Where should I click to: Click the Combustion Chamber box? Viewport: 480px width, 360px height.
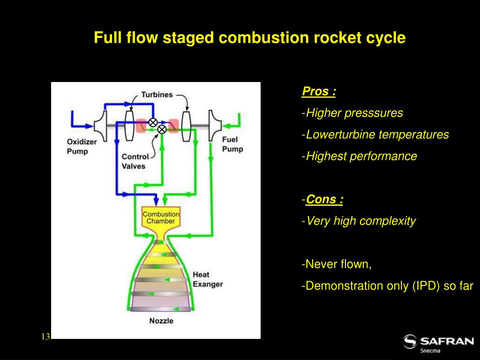pos(161,217)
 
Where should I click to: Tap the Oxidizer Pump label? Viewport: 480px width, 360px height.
pos(82,147)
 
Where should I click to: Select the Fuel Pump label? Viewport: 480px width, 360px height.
pos(232,144)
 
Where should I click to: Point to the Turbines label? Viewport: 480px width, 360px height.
pos(157,95)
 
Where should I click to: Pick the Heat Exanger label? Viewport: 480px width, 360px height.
pos(208,279)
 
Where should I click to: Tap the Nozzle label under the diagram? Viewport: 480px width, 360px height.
pos(161,321)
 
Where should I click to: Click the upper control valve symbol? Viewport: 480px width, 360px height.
pos(153,122)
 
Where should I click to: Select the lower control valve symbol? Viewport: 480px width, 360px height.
pos(162,129)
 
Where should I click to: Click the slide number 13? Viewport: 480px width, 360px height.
pos(45,337)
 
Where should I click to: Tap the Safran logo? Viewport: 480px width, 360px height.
pos(438,344)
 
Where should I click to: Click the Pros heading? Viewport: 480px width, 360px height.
pos(319,91)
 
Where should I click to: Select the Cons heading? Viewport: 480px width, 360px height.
pos(324,199)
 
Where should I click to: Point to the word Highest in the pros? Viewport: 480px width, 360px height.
pos(325,157)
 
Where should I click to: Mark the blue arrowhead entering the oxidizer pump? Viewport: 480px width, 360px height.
pos(90,126)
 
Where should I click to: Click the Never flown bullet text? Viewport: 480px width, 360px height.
pos(337,264)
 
